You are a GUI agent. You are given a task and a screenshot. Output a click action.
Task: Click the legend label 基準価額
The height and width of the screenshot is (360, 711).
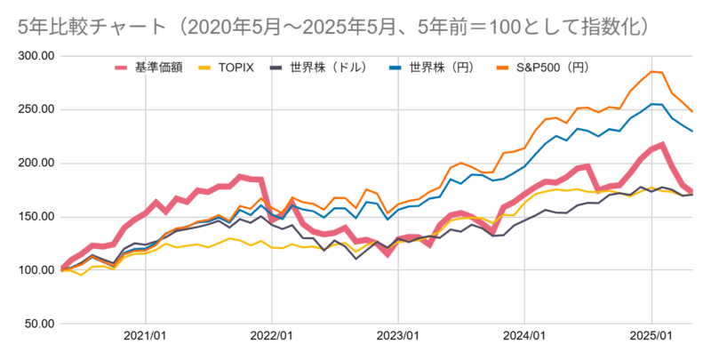(158, 67)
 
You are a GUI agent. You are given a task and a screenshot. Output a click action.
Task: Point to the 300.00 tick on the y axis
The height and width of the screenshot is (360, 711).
(36, 56)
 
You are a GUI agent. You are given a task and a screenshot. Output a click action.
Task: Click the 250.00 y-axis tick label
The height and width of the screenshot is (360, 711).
(36, 109)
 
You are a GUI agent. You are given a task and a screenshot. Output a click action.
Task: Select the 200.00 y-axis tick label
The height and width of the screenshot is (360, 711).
(36, 163)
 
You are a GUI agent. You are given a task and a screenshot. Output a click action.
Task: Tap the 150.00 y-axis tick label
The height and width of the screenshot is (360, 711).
(36, 216)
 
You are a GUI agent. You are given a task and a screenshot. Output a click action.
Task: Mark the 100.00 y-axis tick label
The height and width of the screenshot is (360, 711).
(36, 269)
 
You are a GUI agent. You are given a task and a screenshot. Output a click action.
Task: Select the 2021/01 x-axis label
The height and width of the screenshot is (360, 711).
(143, 338)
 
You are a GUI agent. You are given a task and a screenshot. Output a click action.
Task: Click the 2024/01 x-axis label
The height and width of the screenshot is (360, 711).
(523, 338)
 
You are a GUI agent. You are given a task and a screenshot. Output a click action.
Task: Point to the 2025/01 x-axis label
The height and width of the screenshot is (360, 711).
(651, 338)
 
